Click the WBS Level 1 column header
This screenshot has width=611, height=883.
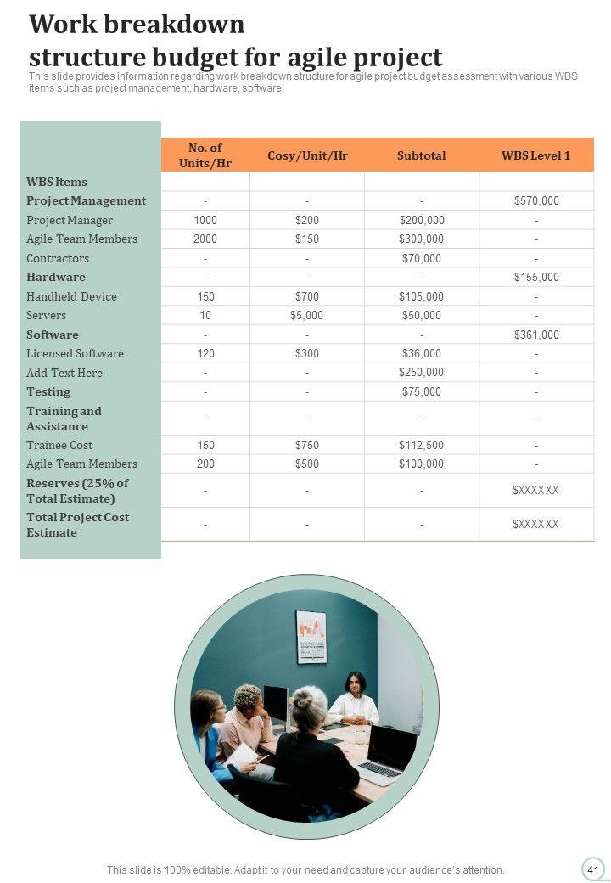535,155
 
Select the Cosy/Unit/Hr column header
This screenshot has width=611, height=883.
307,155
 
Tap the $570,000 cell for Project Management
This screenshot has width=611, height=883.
536,201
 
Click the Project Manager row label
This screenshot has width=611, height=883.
70,220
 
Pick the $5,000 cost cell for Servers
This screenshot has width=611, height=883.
307,316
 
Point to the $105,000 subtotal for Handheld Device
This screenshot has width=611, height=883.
421,296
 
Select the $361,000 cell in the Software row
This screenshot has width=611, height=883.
536,335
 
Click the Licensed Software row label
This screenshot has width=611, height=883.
75,353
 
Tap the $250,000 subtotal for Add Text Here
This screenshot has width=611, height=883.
421,373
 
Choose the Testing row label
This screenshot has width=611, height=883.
48,391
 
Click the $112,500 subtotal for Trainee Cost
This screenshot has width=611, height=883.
421,445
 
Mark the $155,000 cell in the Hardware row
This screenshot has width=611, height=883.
536,278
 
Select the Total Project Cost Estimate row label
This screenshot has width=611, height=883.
77,525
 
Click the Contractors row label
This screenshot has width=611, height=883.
58,258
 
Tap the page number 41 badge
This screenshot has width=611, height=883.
592,869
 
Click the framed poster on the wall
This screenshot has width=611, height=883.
311,637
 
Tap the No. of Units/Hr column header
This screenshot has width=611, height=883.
205,155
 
